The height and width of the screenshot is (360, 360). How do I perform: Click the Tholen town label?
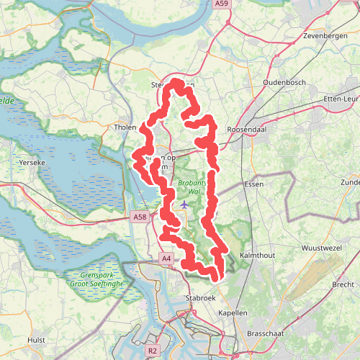(125, 127)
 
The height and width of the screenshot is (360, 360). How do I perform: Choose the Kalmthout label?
(257, 256)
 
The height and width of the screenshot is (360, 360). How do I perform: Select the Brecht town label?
(343, 285)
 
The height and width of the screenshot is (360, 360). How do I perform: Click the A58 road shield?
(140, 216)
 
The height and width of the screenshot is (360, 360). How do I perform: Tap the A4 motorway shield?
(166, 258)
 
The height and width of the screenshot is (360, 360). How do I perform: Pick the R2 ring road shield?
(152, 351)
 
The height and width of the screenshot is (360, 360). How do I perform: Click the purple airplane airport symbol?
(185, 205)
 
